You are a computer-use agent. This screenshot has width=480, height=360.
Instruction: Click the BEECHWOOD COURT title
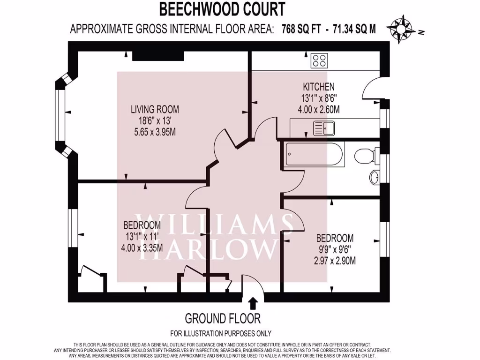click(222, 9)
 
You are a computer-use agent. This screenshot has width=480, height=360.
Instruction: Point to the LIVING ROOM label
click(155, 110)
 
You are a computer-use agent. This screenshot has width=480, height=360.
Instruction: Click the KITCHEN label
click(319, 87)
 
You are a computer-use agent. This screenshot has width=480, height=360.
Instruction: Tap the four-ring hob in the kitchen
click(320, 60)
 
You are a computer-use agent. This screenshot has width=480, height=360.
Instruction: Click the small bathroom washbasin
click(375, 178)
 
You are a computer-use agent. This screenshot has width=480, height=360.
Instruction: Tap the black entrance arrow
click(253, 303)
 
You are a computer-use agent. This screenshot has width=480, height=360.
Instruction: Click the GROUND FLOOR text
click(223, 319)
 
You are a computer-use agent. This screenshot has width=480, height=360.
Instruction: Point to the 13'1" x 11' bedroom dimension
click(142, 236)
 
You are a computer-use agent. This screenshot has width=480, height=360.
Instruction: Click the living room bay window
click(60, 115)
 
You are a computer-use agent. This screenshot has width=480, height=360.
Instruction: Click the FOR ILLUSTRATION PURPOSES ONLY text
click(220, 334)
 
